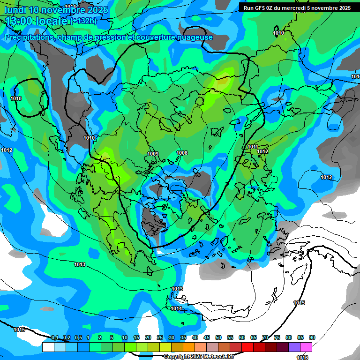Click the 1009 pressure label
pyautogui.click(x=153, y=154)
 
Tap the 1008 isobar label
pyautogui.click(x=182, y=153)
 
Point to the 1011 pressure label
pyautogui.click(x=253, y=147)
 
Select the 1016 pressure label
pyautogui.click(x=302, y=358)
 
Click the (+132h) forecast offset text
pyautogui.click(x=83, y=21)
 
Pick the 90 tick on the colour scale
pyautogui.click(x=312, y=337)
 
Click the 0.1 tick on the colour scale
pyautogui.click(x=55, y=337)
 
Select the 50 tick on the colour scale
pyautogui.click(x=218, y=337)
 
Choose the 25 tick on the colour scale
pyautogui.click(x=160, y=337)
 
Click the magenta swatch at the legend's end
pyautogui.click(x=306, y=347)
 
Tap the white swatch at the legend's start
pyautogui.click(x=48, y=347)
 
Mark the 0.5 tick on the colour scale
pyautogui.click(x=78, y=337)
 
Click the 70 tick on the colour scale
pyautogui.click(x=265, y=337)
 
